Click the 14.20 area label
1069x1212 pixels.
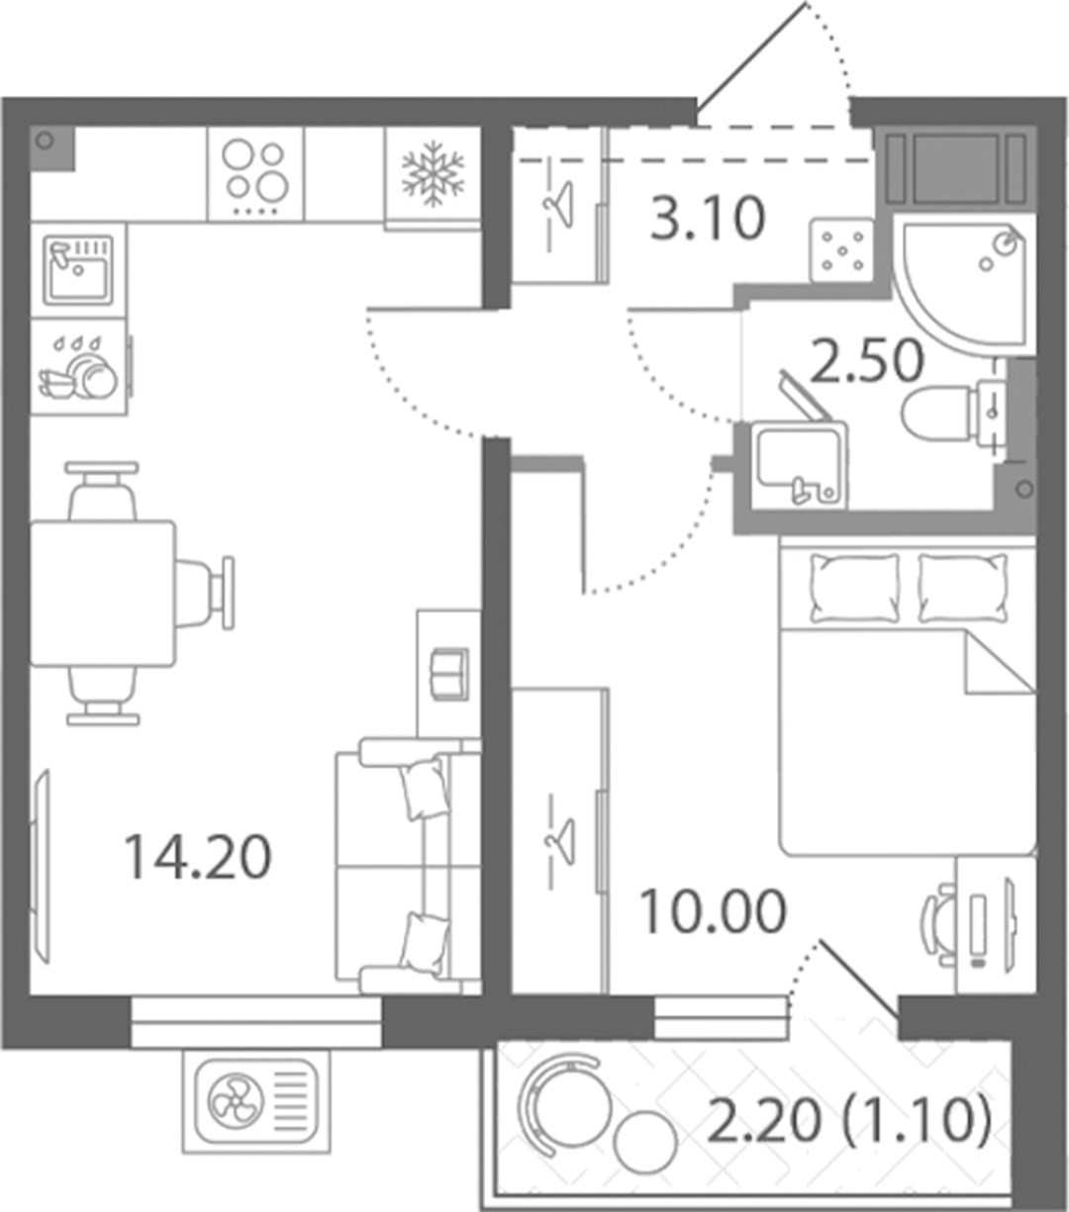[198, 858]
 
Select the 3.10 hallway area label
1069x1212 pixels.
[708, 218]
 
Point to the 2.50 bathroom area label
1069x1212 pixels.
[867, 360]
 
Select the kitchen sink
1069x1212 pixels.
[78, 270]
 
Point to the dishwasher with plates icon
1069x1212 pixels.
[78, 367]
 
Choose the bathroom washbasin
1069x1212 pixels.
[800, 465]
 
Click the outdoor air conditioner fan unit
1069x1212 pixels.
[256, 1101]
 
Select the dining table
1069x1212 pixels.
[103, 594]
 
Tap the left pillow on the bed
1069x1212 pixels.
[855, 589]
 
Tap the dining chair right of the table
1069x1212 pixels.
[205, 593]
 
